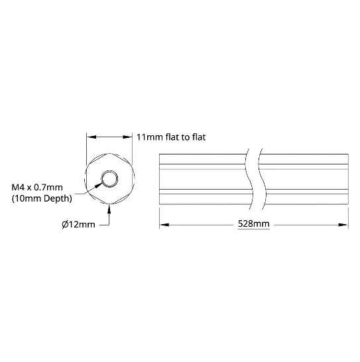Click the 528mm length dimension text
click(x=253, y=223)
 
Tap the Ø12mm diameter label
click(x=78, y=224)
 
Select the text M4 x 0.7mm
click(x=37, y=187)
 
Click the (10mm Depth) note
click(x=42, y=198)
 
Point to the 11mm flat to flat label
click(x=171, y=137)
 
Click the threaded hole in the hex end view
click(x=109, y=179)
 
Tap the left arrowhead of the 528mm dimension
click(x=164, y=225)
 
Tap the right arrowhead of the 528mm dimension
click(x=343, y=225)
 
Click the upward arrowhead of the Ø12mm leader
click(x=109, y=209)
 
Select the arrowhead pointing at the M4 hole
click(x=99, y=184)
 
